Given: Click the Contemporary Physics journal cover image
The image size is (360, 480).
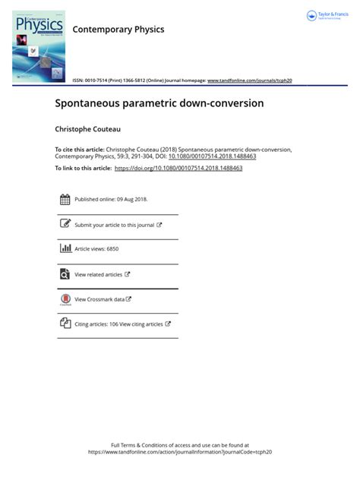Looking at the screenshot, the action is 39,46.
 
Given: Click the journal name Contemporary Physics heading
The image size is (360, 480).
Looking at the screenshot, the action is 118,30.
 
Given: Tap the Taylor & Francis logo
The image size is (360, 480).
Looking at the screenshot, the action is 327,16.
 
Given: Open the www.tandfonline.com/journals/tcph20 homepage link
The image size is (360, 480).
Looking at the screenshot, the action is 249,80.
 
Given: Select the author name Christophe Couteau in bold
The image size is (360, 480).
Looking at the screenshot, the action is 88,130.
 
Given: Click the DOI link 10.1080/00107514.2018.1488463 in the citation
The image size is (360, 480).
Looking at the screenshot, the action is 213,156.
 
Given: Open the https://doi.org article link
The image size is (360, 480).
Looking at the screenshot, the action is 178,168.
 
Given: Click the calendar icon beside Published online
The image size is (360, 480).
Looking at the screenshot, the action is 65,200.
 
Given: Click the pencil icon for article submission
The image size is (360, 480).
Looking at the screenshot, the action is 65,225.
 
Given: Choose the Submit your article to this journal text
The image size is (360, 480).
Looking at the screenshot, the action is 114,225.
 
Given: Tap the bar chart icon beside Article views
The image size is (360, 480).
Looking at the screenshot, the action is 65,248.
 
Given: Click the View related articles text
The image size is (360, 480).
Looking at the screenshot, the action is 98,274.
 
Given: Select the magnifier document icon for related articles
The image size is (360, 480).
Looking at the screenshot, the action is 65,274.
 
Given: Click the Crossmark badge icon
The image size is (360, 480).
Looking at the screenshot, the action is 65,298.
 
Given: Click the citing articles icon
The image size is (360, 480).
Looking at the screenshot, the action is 65,324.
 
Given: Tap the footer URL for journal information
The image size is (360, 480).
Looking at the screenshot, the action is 180,451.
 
